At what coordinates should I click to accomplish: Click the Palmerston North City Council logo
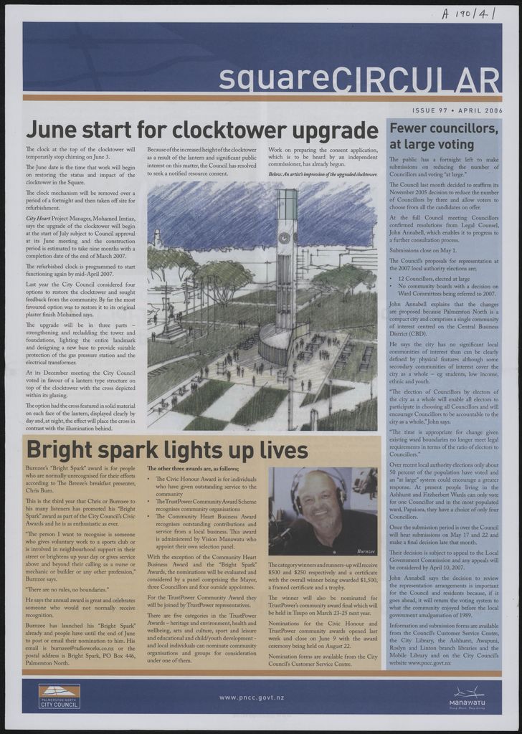60,696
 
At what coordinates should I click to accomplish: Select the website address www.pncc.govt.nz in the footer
252,697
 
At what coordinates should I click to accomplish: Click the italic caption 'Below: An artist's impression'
323,174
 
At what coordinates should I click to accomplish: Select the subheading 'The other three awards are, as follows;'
188,468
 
